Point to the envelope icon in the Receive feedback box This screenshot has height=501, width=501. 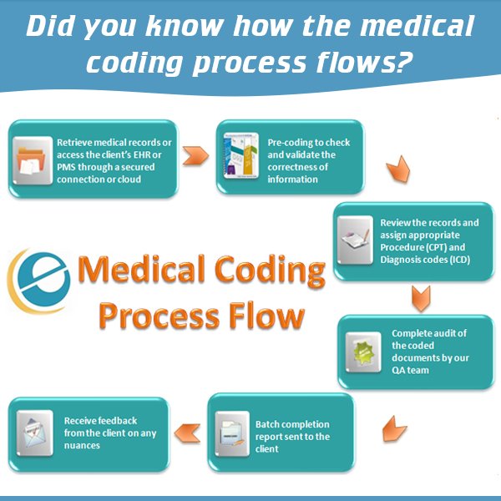pos(34,433)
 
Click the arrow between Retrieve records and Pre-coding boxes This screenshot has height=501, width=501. pos(195,155)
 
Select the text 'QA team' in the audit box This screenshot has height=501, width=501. pos(410,369)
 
